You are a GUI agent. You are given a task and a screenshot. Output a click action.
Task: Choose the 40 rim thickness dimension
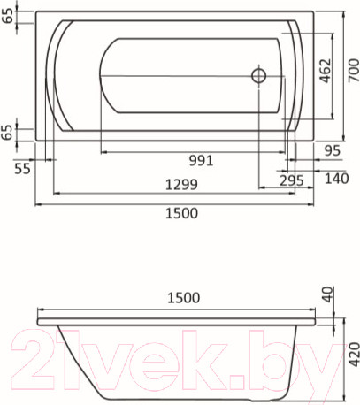[x=329, y=294]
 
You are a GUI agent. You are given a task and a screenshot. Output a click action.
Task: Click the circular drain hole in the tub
[x=259, y=76]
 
